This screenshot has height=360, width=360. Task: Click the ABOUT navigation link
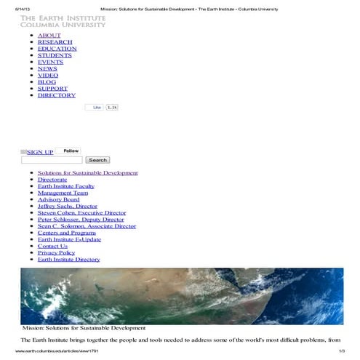pos(49,35)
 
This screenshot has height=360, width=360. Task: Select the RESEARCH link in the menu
pos(55,42)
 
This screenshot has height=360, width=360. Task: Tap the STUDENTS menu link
pos(55,55)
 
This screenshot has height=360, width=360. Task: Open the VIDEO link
pos(48,75)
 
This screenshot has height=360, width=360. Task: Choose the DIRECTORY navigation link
pos(57,95)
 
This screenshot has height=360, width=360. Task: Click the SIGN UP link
pos(40,152)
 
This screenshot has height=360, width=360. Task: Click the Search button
pos(97,160)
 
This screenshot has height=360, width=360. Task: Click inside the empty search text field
pos(51,160)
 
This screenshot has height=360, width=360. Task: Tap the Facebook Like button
pos(95,107)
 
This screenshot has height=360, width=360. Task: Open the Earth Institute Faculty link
pos(71,186)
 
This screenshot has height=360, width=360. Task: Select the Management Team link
pos(63,193)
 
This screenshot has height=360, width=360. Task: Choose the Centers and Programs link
pos(67,233)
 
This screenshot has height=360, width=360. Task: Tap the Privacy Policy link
pos(56,252)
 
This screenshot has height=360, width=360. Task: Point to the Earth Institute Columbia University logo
pos(63,20)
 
